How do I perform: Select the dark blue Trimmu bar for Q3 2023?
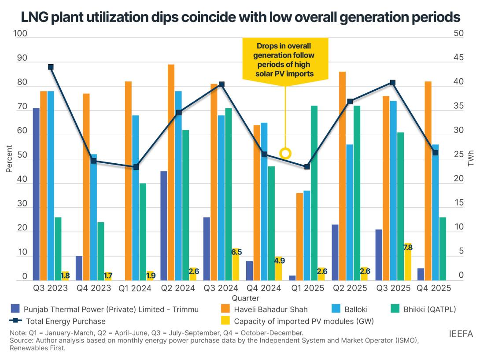36,194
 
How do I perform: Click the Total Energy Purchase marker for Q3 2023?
51,67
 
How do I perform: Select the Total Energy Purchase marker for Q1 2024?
136,167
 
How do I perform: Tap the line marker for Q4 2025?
435,153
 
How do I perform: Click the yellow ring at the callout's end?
285,153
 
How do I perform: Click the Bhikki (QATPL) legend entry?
430,309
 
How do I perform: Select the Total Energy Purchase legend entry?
65,321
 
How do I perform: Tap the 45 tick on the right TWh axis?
458,59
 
